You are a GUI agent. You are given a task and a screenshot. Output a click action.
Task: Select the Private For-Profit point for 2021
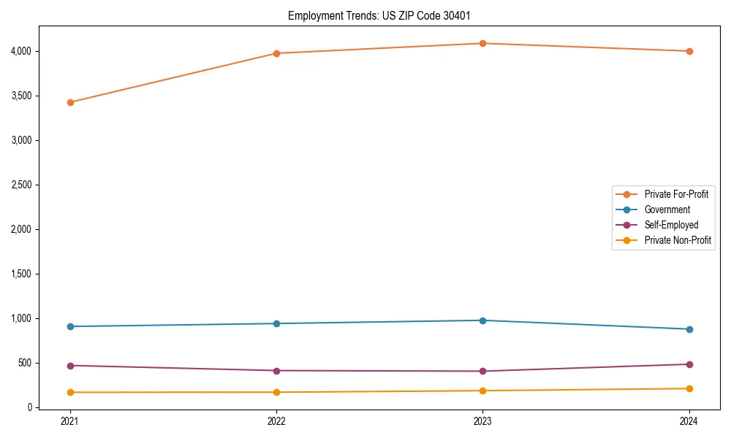point(70,102)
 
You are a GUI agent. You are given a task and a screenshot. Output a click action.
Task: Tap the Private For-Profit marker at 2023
point(483,43)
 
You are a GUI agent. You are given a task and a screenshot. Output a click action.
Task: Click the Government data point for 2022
point(276,323)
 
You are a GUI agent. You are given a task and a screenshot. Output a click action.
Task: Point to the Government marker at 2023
point(483,320)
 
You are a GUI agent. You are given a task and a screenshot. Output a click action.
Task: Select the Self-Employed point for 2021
point(70,366)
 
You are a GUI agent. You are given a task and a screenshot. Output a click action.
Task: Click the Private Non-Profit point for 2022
point(276,392)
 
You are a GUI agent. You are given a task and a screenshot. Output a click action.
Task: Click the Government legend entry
point(667,210)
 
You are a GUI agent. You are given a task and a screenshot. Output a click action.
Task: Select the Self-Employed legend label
point(671,225)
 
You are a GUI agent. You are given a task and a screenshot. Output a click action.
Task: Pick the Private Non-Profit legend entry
point(678,240)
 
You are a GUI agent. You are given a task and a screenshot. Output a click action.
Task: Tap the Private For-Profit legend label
point(676,194)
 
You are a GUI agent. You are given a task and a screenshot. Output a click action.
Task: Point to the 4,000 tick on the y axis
point(22,51)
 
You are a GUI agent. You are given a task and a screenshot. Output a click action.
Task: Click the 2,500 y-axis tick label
point(22,185)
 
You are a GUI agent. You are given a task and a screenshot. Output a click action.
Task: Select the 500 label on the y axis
point(26,363)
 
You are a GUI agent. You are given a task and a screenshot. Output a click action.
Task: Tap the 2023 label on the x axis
point(483,421)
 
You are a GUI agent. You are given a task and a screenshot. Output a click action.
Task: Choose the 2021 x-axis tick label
point(70,421)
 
